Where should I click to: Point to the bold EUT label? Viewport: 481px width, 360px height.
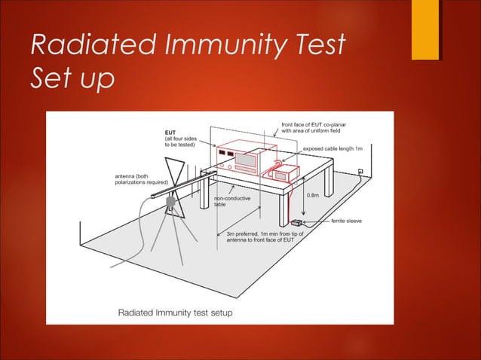click(173, 131)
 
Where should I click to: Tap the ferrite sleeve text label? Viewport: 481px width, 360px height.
click(348, 221)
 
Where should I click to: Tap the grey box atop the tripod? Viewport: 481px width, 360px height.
click(171, 203)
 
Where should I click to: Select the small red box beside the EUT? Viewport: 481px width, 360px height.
click(283, 172)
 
